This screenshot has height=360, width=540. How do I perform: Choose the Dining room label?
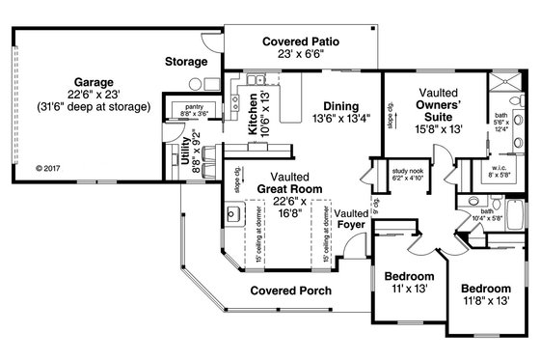click(x=341, y=106)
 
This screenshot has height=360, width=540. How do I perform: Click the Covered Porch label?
click(x=292, y=291)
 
